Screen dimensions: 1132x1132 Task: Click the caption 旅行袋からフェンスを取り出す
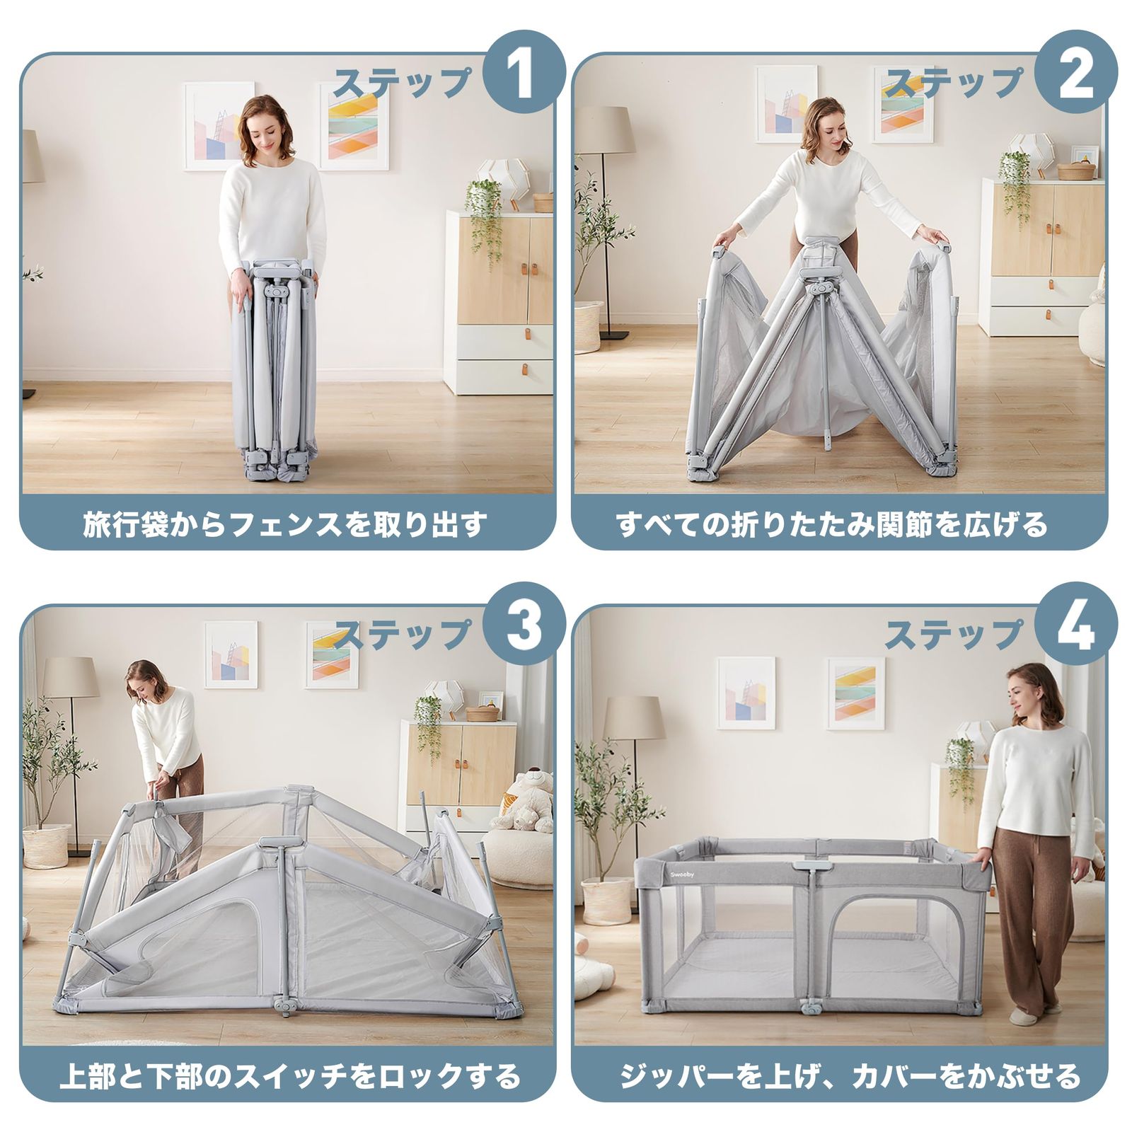(287, 525)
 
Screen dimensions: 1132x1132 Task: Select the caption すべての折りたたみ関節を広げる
(832, 525)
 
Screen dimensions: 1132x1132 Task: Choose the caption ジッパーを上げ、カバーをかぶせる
(849, 1076)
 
